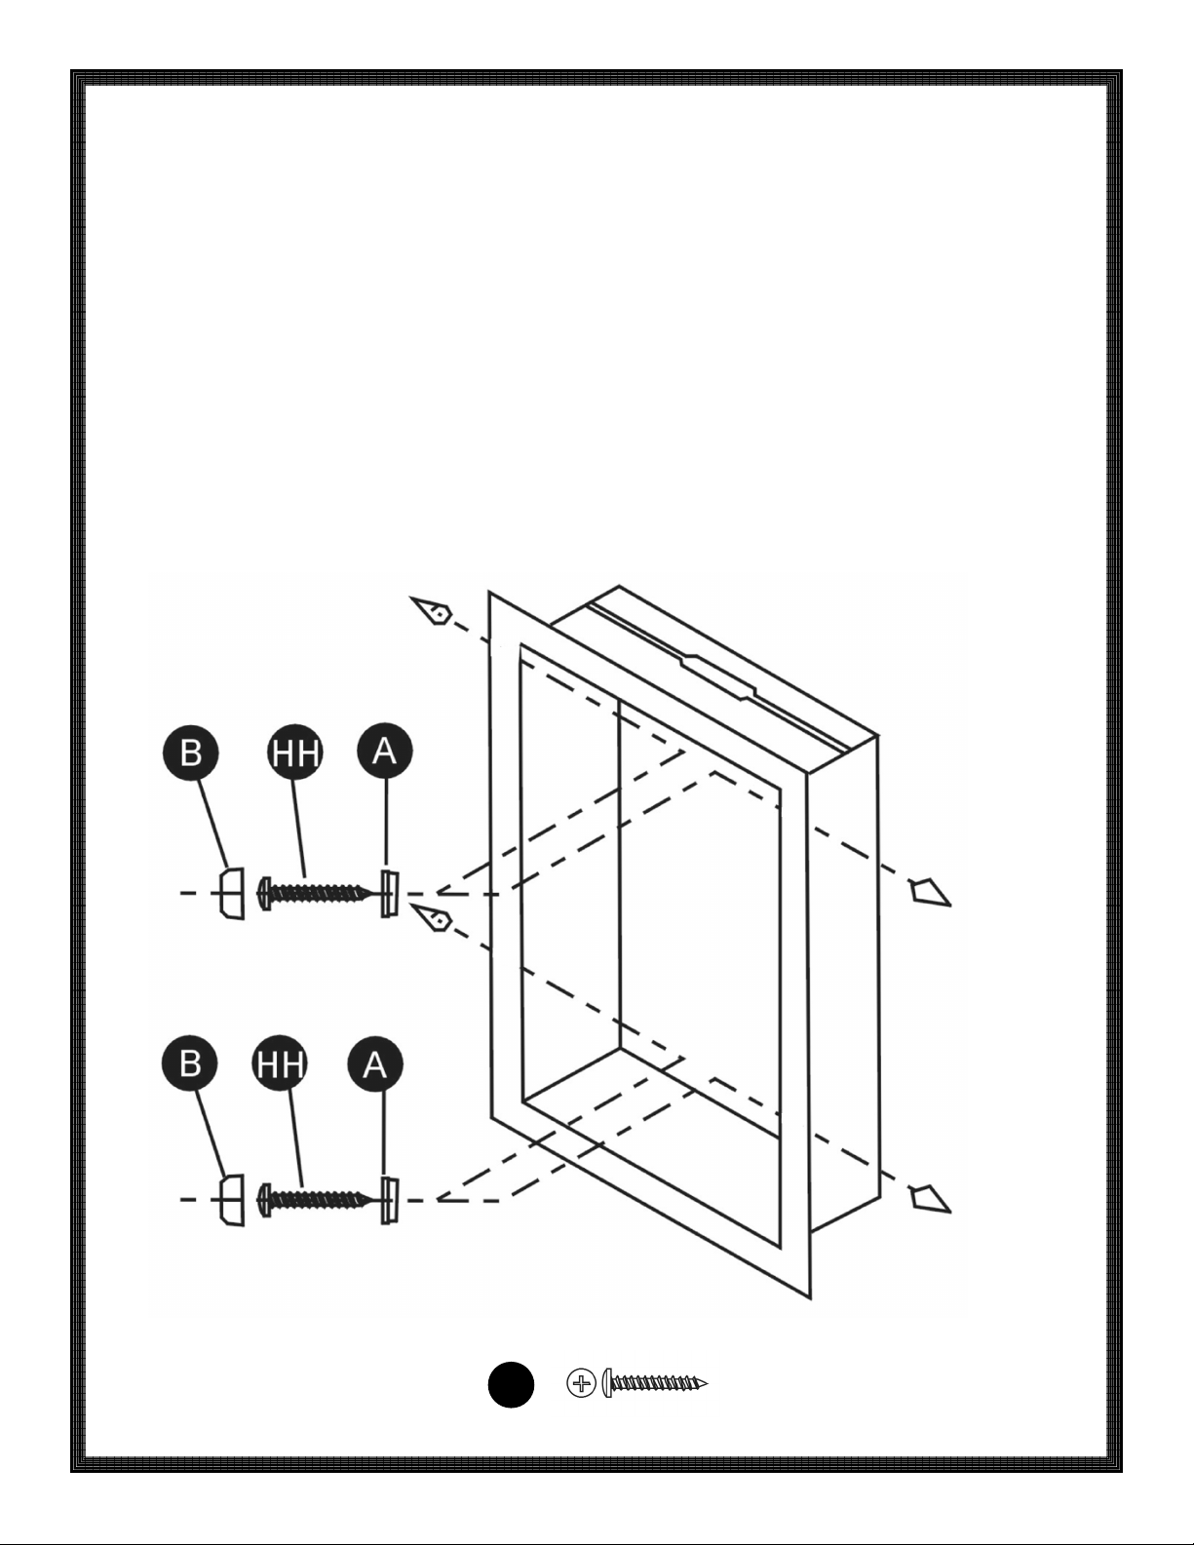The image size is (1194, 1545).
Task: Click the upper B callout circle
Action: tap(190, 753)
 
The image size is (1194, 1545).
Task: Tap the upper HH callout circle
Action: tap(295, 753)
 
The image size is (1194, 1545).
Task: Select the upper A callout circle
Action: tap(384, 751)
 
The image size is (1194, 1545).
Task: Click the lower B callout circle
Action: tap(190, 1062)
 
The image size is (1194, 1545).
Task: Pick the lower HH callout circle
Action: tap(280, 1064)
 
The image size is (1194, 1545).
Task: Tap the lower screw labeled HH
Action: tap(314, 1200)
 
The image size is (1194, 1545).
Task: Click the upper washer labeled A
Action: tap(390, 894)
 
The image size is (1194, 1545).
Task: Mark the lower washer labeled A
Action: tap(390, 1201)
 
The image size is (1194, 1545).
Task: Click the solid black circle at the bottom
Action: tap(511, 1384)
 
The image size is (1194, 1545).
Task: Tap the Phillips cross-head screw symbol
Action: tap(581, 1383)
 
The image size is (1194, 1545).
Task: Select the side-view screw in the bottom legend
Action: tap(655, 1383)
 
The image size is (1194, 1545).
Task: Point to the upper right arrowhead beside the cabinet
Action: tap(931, 892)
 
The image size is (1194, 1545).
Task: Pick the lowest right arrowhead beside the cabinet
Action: tap(931, 1199)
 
